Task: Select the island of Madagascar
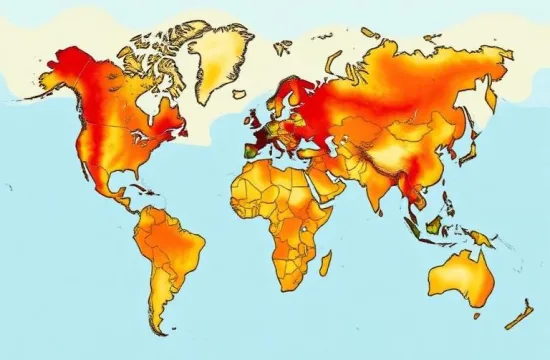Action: pos(325,263)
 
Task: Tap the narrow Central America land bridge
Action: pos(122,204)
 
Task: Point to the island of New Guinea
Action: pos(480,238)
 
